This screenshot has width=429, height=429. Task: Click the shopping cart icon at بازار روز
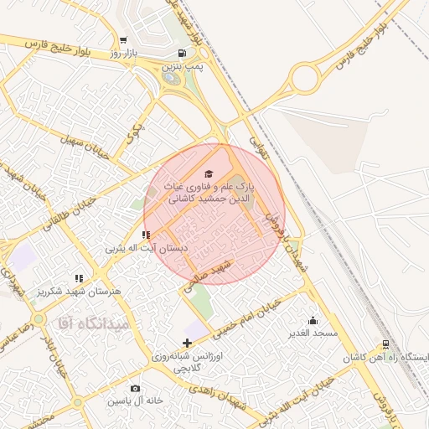(123, 40)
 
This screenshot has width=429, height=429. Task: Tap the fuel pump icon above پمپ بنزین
(182, 52)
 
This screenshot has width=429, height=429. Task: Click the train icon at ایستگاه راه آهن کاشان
(385, 344)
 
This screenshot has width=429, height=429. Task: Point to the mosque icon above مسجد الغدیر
(313, 320)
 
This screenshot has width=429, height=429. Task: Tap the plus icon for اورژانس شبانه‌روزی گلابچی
(186, 343)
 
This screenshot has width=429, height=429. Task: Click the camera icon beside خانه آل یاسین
(136, 389)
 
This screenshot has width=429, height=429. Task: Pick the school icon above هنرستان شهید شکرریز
(79, 278)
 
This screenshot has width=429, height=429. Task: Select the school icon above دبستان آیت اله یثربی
(146, 235)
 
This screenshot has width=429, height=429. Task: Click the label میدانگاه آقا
(92, 323)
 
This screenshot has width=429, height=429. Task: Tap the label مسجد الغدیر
(313, 333)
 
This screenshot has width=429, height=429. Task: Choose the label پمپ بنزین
(183, 65)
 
